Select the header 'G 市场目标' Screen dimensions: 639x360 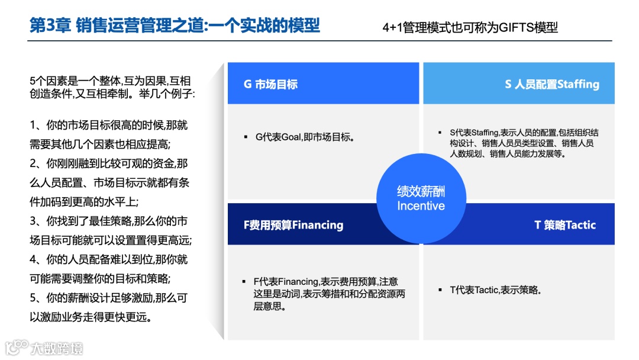coord(270,84)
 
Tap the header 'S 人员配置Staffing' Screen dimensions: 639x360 coord(551,84)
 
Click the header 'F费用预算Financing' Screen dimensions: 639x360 coord(293,225)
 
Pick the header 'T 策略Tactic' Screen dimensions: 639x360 coord(564,225)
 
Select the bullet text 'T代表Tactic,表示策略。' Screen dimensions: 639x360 coord(496,290)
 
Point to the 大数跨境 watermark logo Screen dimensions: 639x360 coord(44,347)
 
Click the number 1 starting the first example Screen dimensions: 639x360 coord(33,126)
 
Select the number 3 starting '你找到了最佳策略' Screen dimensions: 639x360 coord(33,221)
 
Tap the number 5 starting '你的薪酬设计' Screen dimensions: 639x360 coord(33,298)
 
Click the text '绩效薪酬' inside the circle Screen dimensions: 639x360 coord(421,192)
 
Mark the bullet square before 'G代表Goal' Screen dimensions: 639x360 coord(245,137)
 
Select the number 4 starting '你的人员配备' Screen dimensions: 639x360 coord(33,260)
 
